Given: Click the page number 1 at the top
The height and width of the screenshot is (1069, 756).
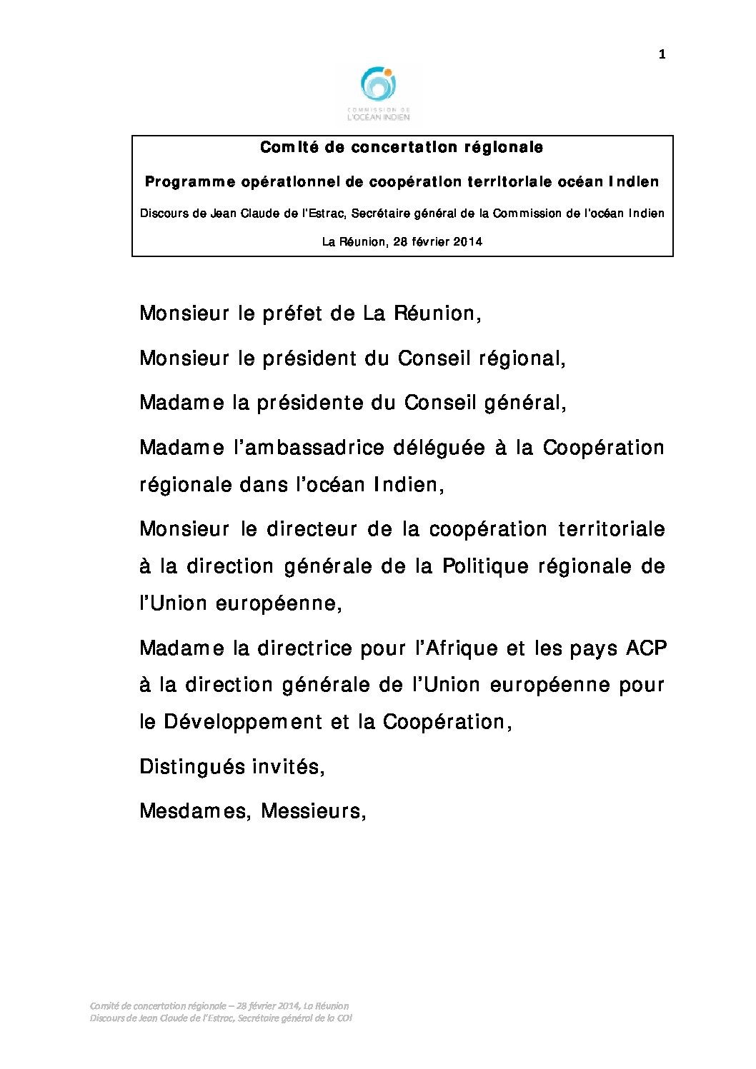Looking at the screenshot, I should (x=662, y=54).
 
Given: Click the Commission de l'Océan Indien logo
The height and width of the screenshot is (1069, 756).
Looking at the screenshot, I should (x=378, y=94).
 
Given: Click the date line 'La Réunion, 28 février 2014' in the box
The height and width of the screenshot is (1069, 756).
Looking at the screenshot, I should (x=402, y=241).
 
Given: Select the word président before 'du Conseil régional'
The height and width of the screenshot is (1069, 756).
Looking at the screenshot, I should (x=309, y=358).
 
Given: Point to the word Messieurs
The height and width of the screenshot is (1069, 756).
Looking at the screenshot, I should (x=313, y=811).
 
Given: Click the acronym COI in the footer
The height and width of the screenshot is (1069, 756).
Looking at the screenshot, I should (x=344, y=1018).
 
